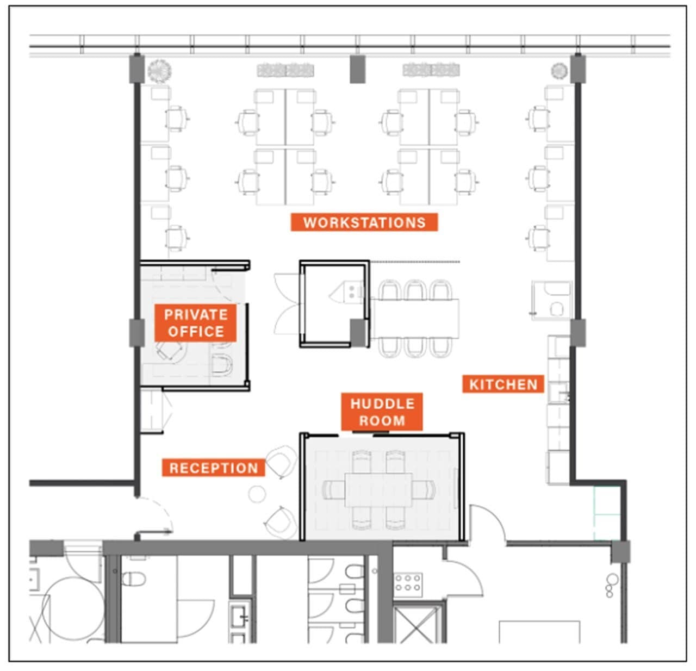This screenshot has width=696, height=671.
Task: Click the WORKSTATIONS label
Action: tap(364, 222)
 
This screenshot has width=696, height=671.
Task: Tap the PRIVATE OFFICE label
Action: tap(195, 322)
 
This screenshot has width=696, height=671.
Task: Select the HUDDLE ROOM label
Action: tap(382, 412)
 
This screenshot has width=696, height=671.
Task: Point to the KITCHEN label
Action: tap(503, 384)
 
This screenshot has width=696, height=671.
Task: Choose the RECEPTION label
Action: tap(213, 468)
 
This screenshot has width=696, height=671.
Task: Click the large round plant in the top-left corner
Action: tap(159, 70)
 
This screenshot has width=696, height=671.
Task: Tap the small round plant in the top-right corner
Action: tap(559, 70)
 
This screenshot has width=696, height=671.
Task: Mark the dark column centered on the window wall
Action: tap(357, 69)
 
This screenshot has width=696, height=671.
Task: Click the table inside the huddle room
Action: tap(379, 490)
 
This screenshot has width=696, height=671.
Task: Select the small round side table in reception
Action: tap(257, 494)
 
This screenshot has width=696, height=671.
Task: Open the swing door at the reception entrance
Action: tap(155, 514)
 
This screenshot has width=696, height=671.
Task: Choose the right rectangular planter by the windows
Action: tap(431, 70)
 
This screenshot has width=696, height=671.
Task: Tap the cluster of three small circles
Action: tap(612, 586)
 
